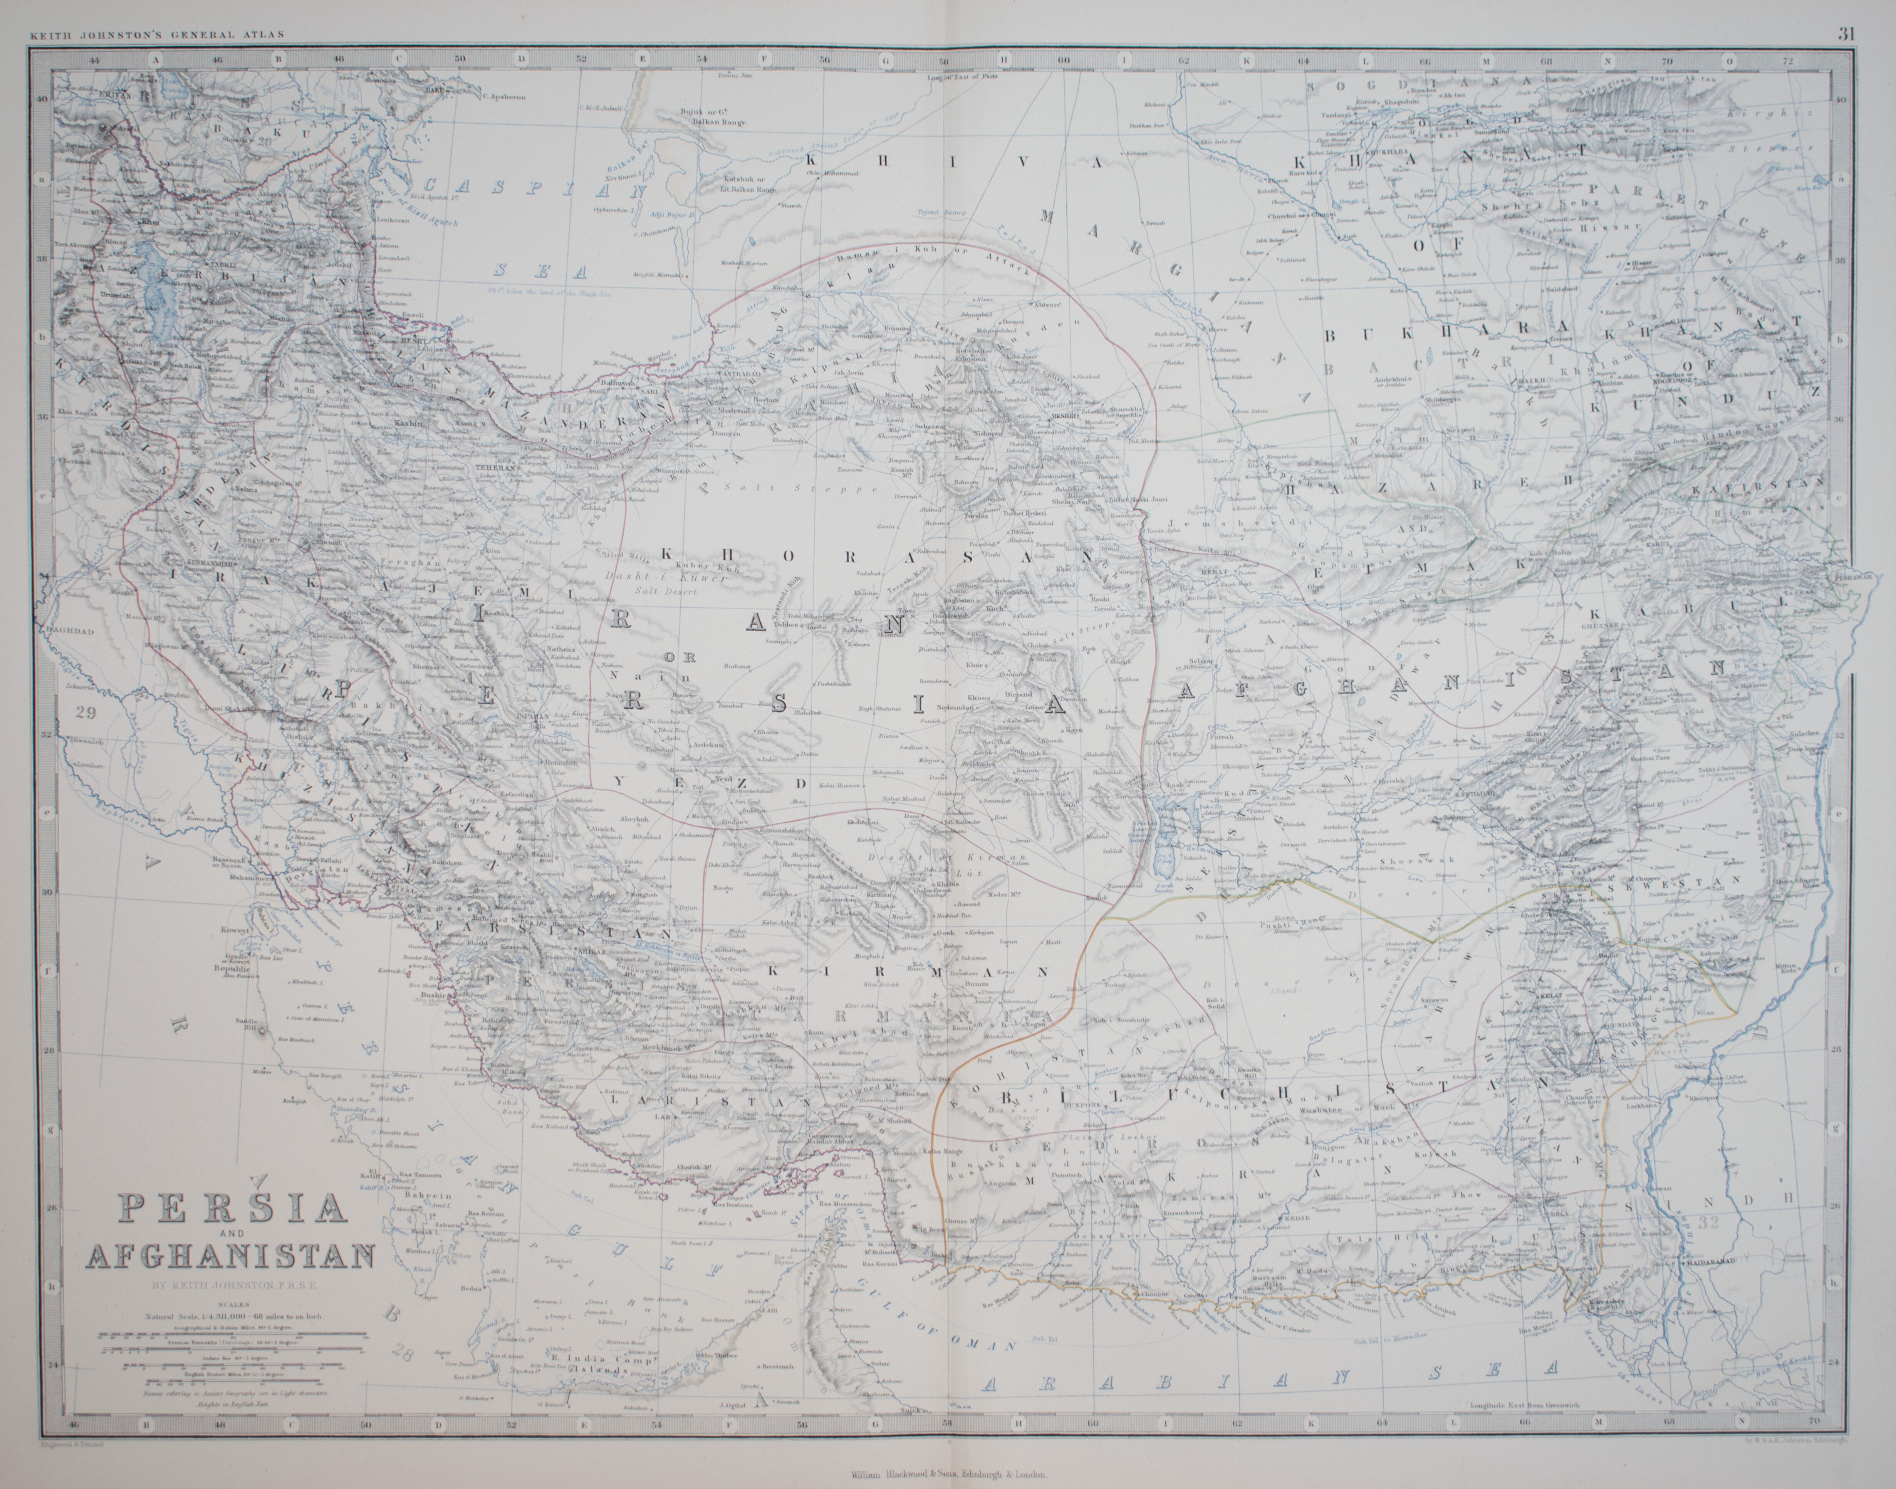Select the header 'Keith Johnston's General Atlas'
click(157, 36)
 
